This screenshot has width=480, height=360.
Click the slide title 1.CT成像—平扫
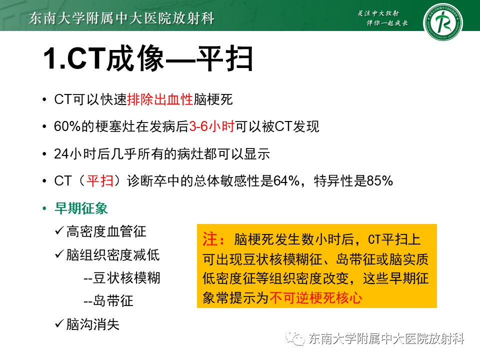pyautogui.click(x=148, y=59)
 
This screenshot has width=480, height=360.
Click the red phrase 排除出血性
pyautogui.click(x=160, y=99)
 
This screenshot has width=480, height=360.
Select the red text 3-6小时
pyautogui.click(x=211, y=126)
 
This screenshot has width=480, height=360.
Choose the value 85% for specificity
pyautogui.click(x=380, y=181)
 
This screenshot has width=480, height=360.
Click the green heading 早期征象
pyautogui.click(x=81, y=208)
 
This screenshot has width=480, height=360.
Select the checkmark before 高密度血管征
pyautogui.click(x=59, y=231)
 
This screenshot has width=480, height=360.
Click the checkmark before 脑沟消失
pyautogui.click(x=59, y=324)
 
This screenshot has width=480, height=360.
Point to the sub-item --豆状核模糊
pyautogui.click(x=122, y=278)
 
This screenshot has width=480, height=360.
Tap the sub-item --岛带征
pyautogui.click(x=108, y=301)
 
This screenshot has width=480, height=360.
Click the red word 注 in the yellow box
pyautogui.click(x=209, y=239)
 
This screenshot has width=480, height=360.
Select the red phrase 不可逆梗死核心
pyautogui.click(x=315, y=298)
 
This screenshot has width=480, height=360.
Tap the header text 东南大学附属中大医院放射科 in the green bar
pyautogui.click(x=122, y=18)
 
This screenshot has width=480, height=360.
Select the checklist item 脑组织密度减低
pyautogui.click(x=113, y=255)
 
